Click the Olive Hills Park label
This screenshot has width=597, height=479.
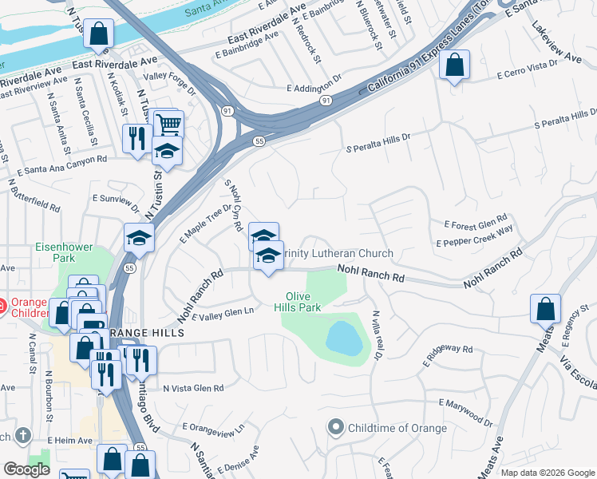pos(298,300)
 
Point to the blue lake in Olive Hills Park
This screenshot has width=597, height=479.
pos(344,337)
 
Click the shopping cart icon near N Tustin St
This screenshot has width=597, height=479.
pos(168,124)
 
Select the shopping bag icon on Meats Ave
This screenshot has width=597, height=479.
pos(545,308)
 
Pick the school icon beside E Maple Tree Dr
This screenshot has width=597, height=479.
pos(139,238)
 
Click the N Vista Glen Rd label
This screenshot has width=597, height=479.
pos(192,388)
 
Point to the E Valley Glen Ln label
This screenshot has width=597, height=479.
pos(218,313)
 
